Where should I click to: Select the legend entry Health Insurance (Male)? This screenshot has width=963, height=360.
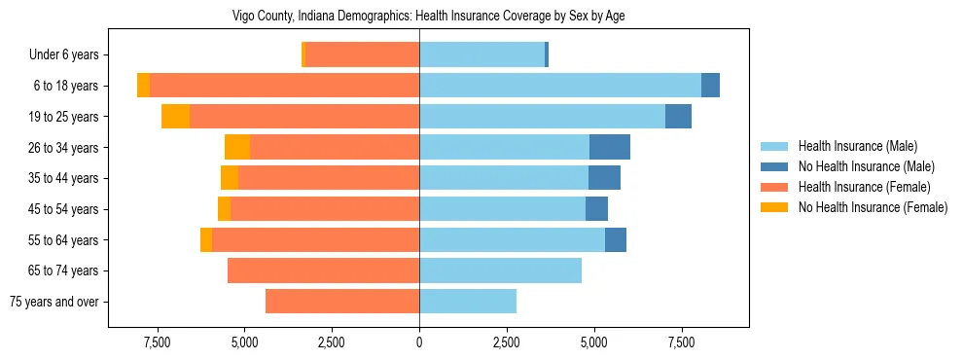[857, 146]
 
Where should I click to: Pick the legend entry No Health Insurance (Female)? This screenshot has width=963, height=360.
[873, 207]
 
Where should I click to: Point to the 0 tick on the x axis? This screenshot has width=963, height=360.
[419, 342]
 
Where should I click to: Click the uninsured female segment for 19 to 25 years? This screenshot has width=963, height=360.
[175, 117]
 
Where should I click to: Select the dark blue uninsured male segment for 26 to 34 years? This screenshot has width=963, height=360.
[610, 147]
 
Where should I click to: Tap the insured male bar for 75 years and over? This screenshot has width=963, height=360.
[468, 301]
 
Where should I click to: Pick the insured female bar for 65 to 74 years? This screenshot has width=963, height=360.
[323, 270]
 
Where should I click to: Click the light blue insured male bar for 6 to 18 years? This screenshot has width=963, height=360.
[560, 86]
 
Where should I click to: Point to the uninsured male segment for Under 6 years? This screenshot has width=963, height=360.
[547, 54]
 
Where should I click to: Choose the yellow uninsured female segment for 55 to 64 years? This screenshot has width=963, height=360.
[206, 239]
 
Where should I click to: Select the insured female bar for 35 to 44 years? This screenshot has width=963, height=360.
[329, 178]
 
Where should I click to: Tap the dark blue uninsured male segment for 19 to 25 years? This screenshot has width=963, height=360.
[678, 117]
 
